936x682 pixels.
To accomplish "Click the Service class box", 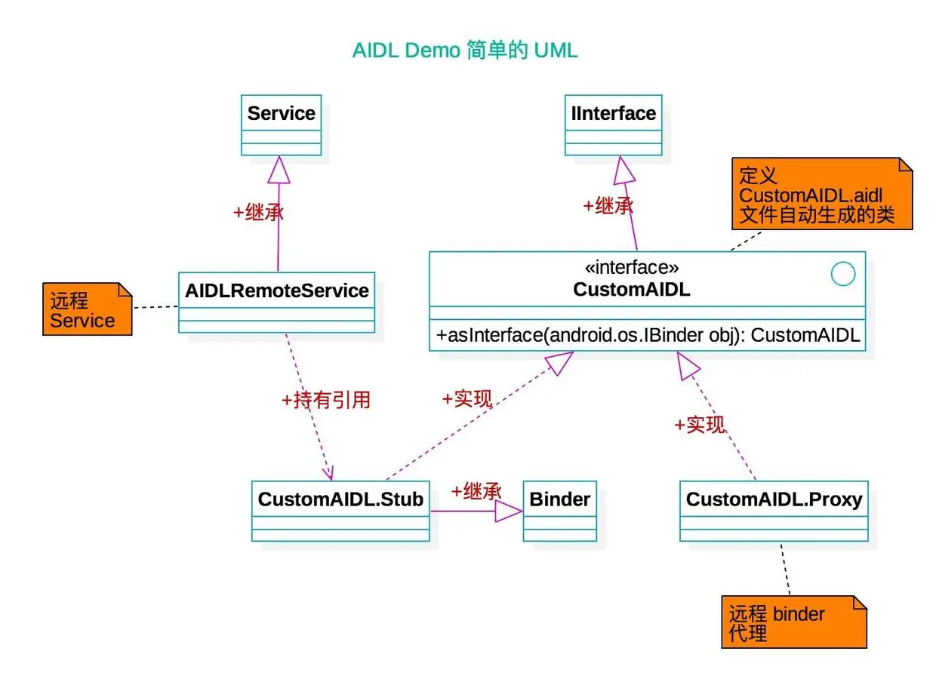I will coord(281,124).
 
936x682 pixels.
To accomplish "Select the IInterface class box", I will coord(613,124).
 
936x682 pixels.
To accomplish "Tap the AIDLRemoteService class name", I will coord(276,290).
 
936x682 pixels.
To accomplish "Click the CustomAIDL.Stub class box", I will coord(340,510).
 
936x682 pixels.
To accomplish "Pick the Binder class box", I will coord(559,510).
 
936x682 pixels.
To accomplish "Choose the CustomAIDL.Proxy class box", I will coord(774,510).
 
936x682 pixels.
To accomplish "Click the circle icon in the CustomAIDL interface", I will coord(843,274).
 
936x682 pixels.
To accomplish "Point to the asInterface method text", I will coord(648,336).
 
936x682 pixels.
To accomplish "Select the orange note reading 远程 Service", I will coord(86,309).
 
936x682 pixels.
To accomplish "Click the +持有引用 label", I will coord(325,400).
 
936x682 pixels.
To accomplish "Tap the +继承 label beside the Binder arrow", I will coord(476,491).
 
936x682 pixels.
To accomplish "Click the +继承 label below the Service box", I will coord(258,212).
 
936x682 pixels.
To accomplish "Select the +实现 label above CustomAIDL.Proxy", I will coord(700,425).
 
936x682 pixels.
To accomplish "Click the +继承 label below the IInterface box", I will coord(608,205).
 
